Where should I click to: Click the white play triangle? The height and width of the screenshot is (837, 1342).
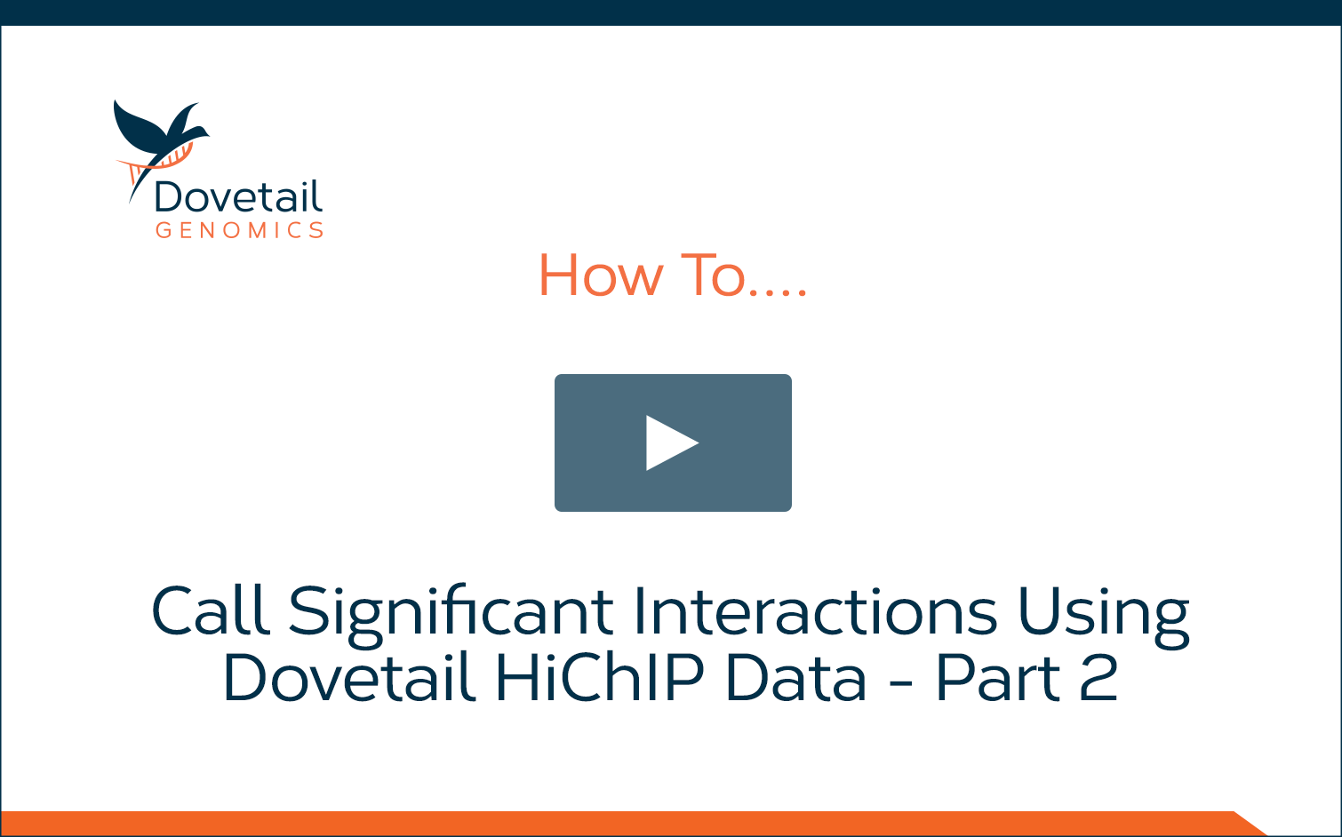point(669,442)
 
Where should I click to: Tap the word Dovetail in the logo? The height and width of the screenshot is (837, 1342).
point(238,196)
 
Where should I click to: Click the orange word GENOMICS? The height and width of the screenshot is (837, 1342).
point(240,230)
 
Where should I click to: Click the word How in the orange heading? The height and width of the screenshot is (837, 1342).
point(602,275)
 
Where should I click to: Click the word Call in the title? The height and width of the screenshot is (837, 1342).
point(210,610)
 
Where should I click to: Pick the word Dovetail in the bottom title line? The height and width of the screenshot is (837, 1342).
point(349,676)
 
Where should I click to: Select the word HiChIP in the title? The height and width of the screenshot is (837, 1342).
point(599,676)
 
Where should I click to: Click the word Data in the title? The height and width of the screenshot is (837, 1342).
point(796,677)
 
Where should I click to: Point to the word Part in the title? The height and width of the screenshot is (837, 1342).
point(998,677)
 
